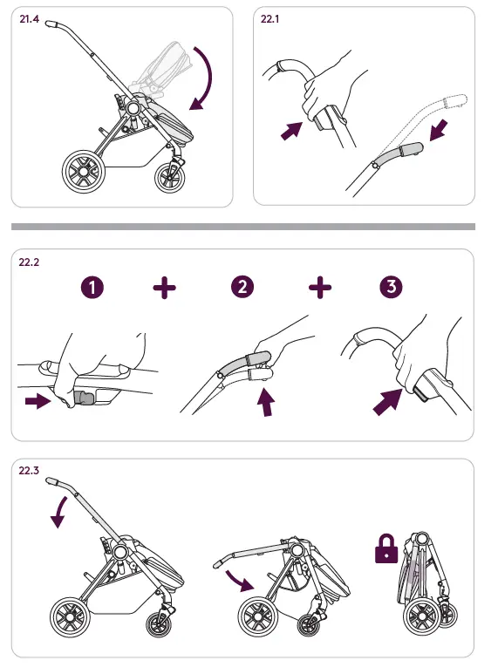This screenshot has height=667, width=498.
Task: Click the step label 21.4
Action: click(x=29, y=19)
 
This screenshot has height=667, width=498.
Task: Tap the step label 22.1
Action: click(x=269, y=19)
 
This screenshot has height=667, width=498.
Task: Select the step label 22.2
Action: click(x=29, y=262)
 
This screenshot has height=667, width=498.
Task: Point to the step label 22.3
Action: click(x=29, y=471)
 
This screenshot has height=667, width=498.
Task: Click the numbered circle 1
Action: click(x=92, y=288)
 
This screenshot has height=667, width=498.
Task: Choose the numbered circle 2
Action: click(x=242, y=287)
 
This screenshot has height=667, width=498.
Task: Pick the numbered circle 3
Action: click(x=391, y=286)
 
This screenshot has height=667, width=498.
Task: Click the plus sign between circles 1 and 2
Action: click(x=164, y=288)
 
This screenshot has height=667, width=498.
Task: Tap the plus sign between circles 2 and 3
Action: click(x=320, y=287)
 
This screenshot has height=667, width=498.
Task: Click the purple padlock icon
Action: click(x=386, y=549)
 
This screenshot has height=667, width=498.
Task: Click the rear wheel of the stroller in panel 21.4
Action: click(x=84, y=172)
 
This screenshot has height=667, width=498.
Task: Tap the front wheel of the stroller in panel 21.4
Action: click(x=170, y=177)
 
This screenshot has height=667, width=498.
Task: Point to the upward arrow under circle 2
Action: click(x=267, y=403)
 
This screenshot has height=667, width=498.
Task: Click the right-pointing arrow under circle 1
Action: click(x=38, y=401)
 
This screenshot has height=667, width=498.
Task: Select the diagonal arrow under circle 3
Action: click(x=387, y=402)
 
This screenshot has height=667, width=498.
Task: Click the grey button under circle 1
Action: click(x=85, y=398)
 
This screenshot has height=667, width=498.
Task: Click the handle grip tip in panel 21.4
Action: click(x=52, y=24)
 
